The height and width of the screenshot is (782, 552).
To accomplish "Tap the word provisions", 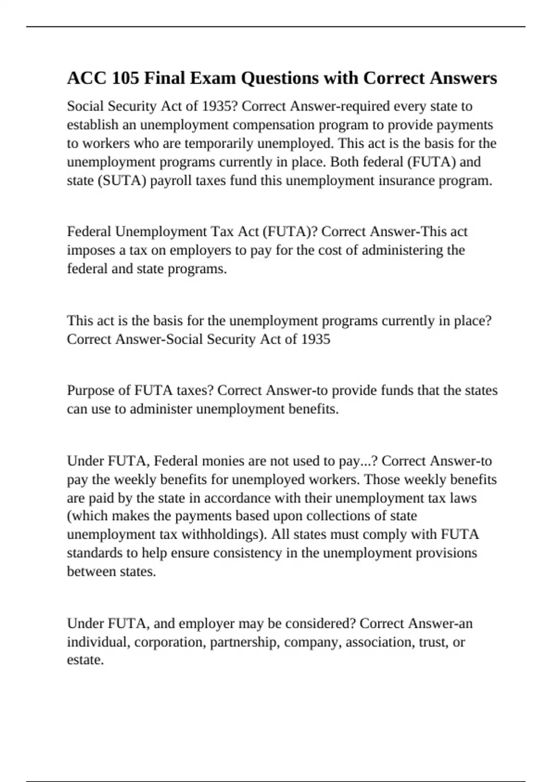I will [446, 553].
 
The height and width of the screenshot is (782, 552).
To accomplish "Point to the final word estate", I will [85, 661].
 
